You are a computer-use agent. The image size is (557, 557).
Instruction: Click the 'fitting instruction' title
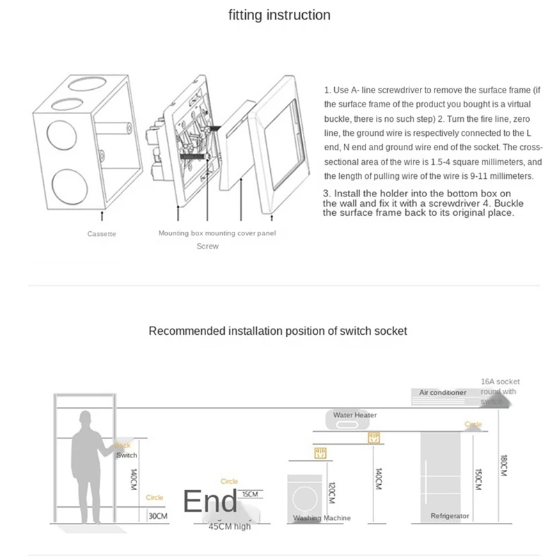279,15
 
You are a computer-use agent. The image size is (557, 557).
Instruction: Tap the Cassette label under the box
102,234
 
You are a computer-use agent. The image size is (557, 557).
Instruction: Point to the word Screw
207,246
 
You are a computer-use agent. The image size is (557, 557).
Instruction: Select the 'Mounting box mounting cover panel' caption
217,233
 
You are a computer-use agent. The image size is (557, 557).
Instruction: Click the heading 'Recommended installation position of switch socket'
278,331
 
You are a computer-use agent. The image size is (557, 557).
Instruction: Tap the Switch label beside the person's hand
127,455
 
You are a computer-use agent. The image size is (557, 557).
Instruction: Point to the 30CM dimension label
157,516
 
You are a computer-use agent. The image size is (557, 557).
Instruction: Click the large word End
210,501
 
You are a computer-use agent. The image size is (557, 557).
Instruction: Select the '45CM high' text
230,526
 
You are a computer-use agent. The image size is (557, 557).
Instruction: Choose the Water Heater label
354,416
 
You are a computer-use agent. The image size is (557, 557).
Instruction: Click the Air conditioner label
442,393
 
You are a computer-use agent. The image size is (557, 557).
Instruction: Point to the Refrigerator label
450,516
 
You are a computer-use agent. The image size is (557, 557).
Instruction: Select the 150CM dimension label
478,480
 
